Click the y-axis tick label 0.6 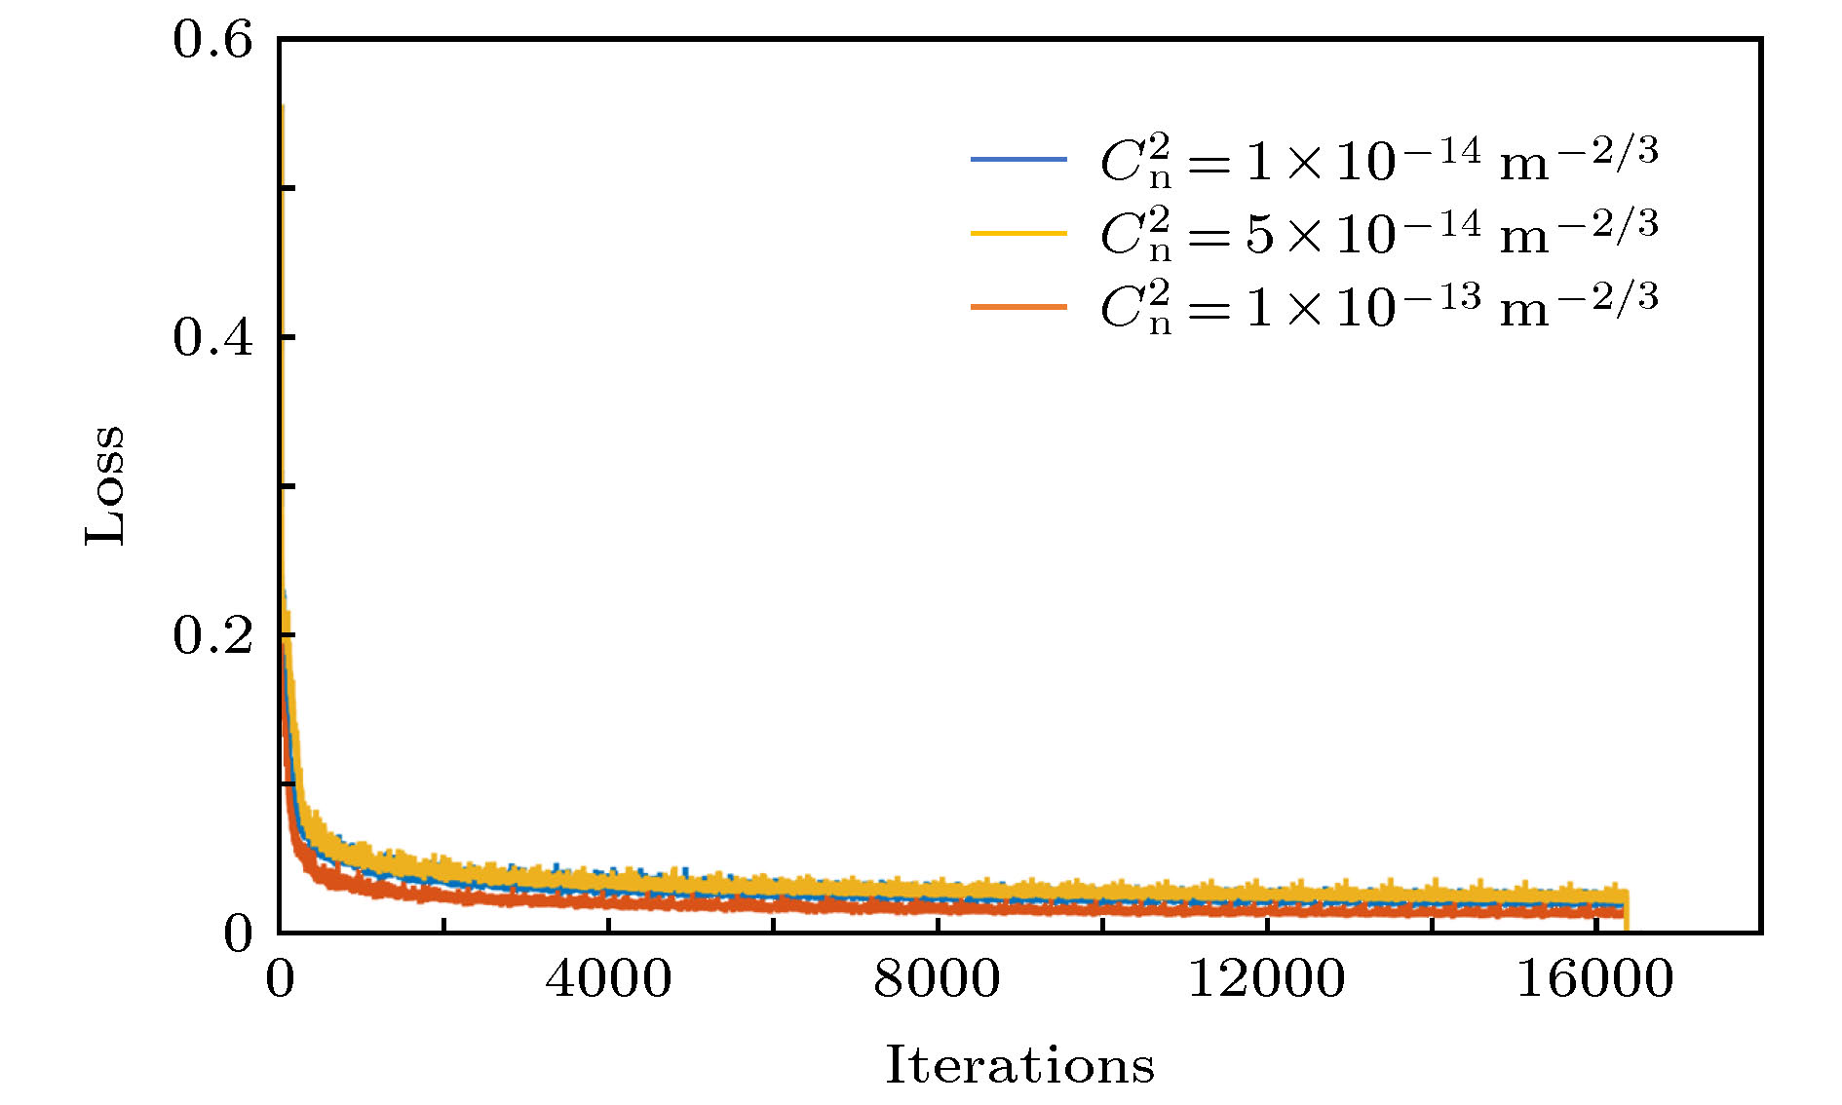(212, 41)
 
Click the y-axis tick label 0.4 (212, 338)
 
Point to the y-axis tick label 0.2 (212, 636)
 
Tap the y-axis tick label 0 (238, 934)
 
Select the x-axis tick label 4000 (608, 978)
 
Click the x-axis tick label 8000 (937, 978)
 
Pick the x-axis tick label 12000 (1266, 978)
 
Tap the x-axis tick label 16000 (1594, 978)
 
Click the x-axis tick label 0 (280, 978)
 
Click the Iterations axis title (1019, 1065)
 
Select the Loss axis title (105, 485)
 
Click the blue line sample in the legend (1018, 159)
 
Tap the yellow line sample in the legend (1018, 233)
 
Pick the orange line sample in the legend (1018, 307)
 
